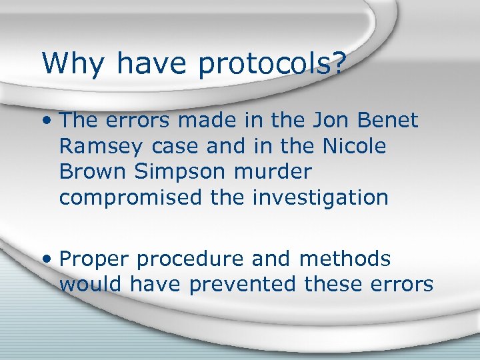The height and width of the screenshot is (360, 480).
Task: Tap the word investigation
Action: (321, 198)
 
